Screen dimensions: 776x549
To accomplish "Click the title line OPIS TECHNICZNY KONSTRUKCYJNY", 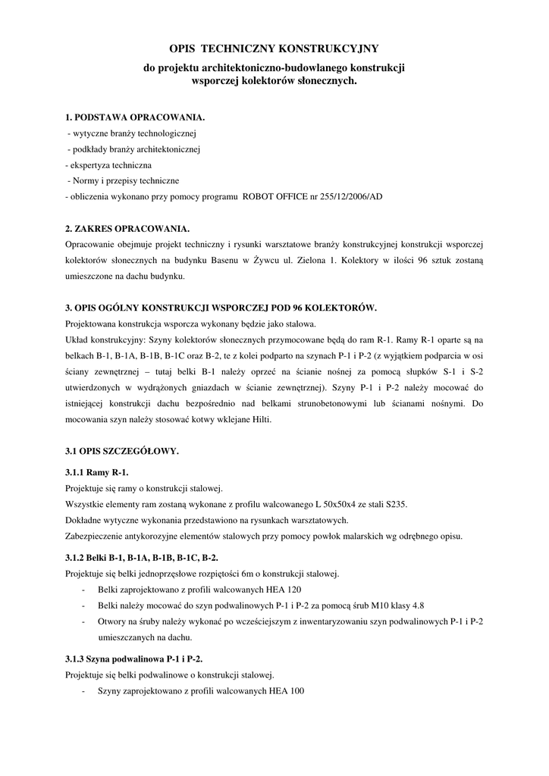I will point(274,48).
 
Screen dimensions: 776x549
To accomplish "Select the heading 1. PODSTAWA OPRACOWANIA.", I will point(135,118).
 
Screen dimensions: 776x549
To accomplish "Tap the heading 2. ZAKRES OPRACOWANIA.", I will point(127,229).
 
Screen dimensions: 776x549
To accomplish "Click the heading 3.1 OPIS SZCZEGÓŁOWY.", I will point(122,452).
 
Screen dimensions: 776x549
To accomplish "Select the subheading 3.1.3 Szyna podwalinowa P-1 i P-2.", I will point(134,659).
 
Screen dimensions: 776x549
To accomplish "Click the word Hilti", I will point(259,420).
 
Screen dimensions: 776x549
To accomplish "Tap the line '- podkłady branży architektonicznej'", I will point(133,149).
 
